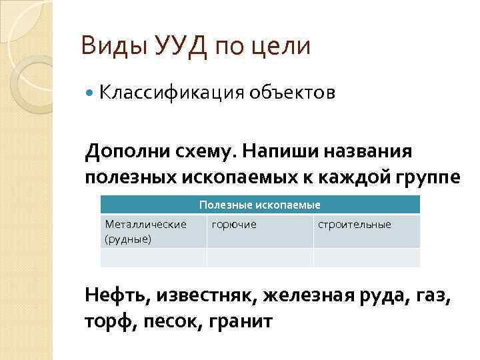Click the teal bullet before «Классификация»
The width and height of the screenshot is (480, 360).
click(x=91, y=94)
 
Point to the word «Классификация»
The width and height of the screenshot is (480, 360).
click(x=171, y=93)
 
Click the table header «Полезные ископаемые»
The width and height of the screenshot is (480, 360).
click(x=260, y=205)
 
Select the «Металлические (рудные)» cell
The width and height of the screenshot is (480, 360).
click(x=153, y=231)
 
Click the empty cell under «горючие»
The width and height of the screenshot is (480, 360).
click(x=260, y=257)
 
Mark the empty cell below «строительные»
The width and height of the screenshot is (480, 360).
click(x=367, y=257)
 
